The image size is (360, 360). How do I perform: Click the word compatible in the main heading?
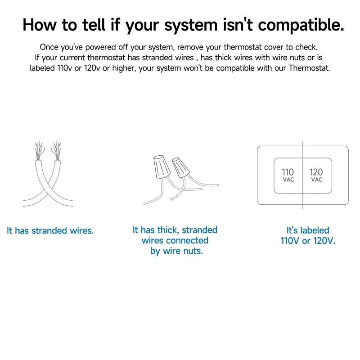[x=301, y=25]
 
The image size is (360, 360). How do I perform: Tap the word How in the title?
[x=40, y=25]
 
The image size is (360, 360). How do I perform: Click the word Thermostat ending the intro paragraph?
[x=309, y=68]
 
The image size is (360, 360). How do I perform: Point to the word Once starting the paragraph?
[x=49, y=47]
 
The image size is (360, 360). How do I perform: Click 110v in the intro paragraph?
[x=65, y=68]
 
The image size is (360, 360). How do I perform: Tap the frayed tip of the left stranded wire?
[x=39, y=150]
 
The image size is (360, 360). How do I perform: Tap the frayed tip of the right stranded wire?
[x=57, y=150]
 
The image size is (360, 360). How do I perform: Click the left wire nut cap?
[x=162, y=166]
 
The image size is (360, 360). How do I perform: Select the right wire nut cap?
[x=181, y=167]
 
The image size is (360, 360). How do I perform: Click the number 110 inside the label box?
[x=288, y=172]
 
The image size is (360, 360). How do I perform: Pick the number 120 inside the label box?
[x=316, y=172]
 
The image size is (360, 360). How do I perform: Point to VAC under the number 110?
[x=288, y=180]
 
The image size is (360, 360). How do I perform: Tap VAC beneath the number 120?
[x=317, y=180]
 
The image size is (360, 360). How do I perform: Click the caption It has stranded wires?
[x=50, y=230]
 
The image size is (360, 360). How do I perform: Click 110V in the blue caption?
[x=290, y=241]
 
